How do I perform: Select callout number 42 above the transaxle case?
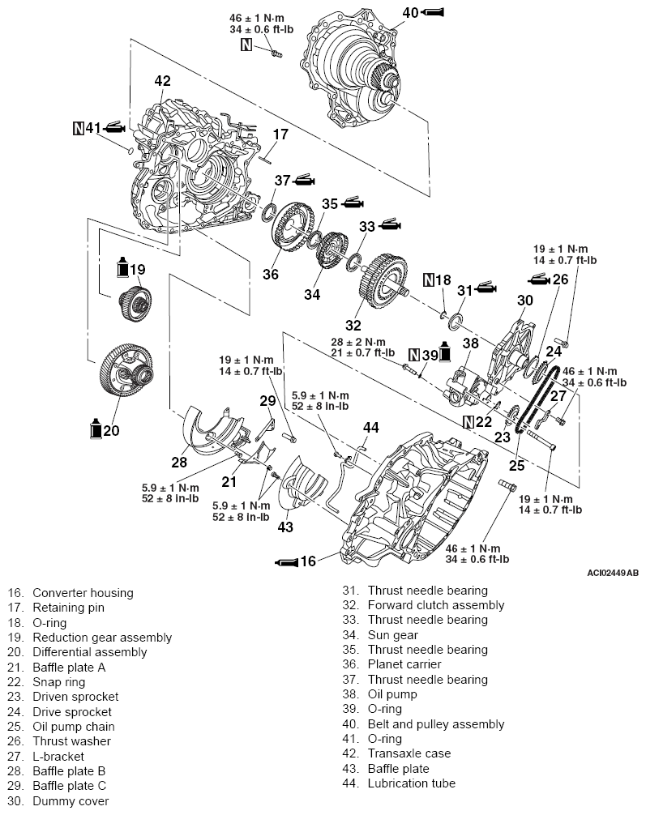pyautogui.click(x=163, y=81)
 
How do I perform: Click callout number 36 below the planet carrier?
pyautogui.click(x=271, y=275)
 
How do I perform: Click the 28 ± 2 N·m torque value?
pyautogui.click(x=358, y=342)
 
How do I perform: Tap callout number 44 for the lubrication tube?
pyautogui.click(x=370, y=427)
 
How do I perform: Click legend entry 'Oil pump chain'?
pyautogui.click(x=73, y=727)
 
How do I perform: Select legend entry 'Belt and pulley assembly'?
pyautogui.click(x=435, y=723)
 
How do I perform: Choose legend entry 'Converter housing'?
pyautogui.click(x=83, y=593)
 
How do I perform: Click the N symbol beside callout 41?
pyautogui.click(x=79, y=128)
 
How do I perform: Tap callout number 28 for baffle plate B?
pyautogui.click(x=178, y=463)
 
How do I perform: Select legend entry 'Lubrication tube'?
pyautogui.click(x=411, y=783)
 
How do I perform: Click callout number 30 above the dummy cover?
pyautogui.click(x=525, y=300)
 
